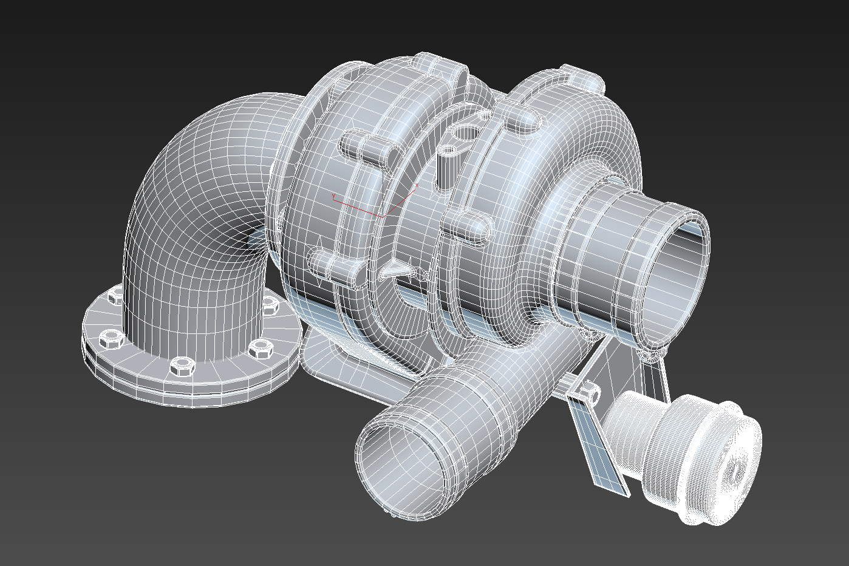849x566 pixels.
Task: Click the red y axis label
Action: [333, 196]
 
